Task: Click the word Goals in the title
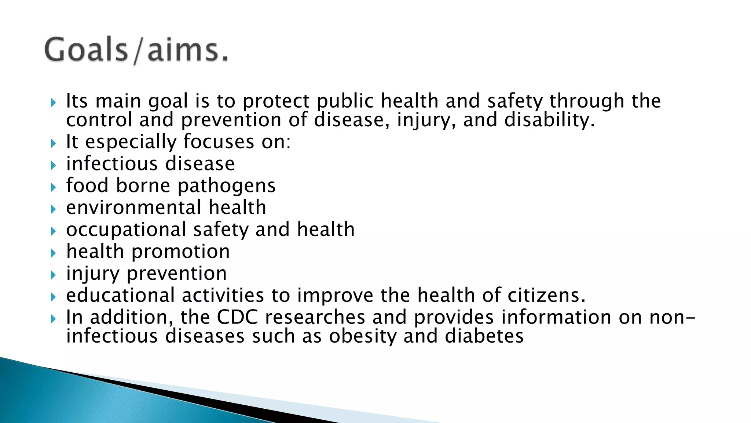click(x=86, y=50)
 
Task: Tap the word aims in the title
click(x=183, y=50)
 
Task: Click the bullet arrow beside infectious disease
click(x=54, y=166)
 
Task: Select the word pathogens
click(x=227, y=186)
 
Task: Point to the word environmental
click(x=133, y=207)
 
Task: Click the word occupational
click(x=126, y=230)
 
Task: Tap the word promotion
click(x=180, y=252)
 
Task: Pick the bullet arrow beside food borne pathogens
click(x=54, y=188)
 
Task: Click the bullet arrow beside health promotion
click(x=54, y=253)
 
